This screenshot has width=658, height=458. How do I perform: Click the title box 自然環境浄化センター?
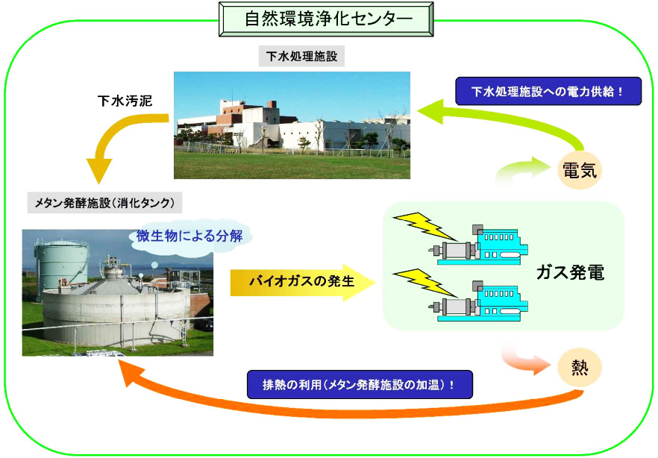coord(326,19)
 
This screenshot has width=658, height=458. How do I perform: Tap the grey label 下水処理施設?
coord(301,56)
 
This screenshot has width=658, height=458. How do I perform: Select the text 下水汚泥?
coord(125,101)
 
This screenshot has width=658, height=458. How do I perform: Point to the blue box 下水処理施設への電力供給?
coord(548,91)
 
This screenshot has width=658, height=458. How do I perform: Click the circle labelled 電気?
coord(580,170)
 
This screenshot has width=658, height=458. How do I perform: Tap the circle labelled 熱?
coord(580,368)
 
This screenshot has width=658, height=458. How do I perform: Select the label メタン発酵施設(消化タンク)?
coord(104,203)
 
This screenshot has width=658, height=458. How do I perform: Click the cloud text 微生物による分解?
coord(189,236)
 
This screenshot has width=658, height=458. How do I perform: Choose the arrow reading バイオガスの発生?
coord(302,282)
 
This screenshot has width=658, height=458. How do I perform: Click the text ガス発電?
coord(570,273)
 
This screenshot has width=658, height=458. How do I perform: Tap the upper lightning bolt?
coord(424,226)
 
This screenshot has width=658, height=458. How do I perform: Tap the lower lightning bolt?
coord(424,282)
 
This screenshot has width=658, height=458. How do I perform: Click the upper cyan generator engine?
coord(478,245)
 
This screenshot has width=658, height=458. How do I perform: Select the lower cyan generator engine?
coord(478,302)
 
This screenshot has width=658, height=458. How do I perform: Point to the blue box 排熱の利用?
coord(360,384)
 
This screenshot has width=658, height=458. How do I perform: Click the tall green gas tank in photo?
coord(61,262)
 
